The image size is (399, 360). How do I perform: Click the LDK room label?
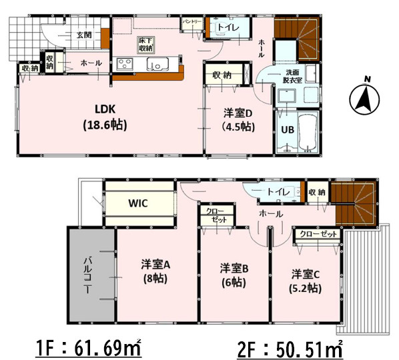tap(105, 117)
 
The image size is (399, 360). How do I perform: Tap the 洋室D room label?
tap(238, 120)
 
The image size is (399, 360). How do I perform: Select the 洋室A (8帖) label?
tap(155, 271)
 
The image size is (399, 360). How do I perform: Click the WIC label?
tap(138, 203)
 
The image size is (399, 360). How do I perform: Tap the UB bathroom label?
tap(288, 129)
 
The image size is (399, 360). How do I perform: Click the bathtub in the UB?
tap(308, 132)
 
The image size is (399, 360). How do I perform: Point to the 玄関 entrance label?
tap(85, 35)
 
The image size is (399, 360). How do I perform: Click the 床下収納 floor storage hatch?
tap(146, 45)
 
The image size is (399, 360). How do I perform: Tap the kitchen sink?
tap(157, 64)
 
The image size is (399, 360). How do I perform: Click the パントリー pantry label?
tap(192, 22)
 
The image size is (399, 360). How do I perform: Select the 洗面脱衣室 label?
tap(293, 76)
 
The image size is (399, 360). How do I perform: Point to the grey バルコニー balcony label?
tap(88, 275)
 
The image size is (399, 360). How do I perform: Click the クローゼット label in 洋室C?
tap(318, 234)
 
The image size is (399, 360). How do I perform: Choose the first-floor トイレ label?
tap(228, 27)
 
